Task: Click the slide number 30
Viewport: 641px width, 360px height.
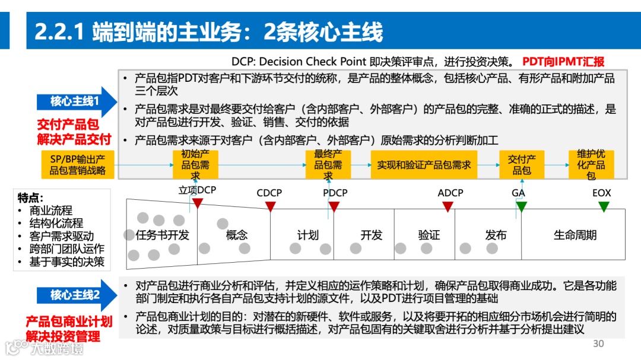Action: (598, 344)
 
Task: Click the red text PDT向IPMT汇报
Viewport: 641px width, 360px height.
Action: (563, 61)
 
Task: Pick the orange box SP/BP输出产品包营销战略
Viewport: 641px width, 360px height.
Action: (78, 165)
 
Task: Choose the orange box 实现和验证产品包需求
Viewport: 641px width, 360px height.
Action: (424, 165)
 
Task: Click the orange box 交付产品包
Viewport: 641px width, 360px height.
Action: (522, 165)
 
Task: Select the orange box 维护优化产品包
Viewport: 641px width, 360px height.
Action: (591, 165)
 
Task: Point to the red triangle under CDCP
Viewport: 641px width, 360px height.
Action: (270, 206)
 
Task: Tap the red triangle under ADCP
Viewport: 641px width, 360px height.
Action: (448, 206)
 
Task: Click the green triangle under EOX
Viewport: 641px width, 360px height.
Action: (604, 206)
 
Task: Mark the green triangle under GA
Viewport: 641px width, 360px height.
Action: (521, 206)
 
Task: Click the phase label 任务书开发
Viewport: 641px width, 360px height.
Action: (162, 235)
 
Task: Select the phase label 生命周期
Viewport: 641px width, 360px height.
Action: (575, 235)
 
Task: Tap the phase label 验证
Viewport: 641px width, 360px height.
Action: (429, 235)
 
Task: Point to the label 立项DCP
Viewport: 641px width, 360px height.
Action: (198, 190)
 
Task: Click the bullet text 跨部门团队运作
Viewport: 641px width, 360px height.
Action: (66, 249)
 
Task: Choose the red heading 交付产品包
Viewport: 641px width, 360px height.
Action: (68, 125)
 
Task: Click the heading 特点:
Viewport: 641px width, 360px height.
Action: (31, 198)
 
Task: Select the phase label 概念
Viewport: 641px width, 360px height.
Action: (237, 235)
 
